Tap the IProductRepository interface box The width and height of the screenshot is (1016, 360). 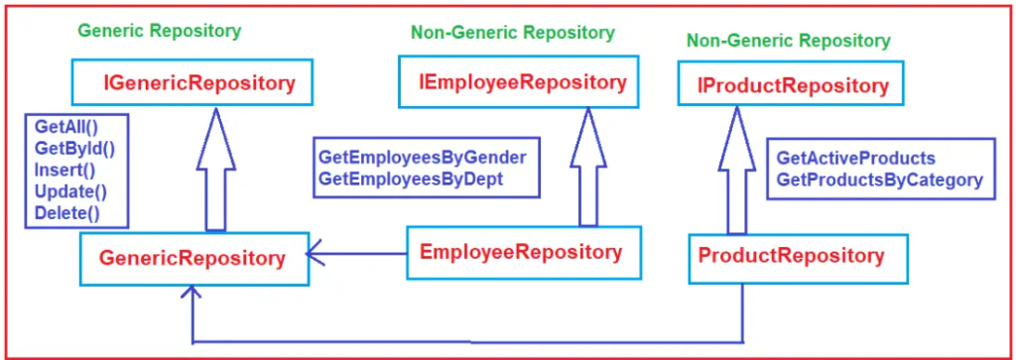pyautogui.click(x=791, y=83)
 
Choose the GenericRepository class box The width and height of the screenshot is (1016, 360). pyautogui.click(x=192, y=258)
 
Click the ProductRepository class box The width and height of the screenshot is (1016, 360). pyautogui.click(x=791, y=256)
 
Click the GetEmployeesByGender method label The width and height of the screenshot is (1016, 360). pyautogui.click(x=422, y=158)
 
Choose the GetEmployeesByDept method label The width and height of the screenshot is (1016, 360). pyautogui.click(x=411, y=179)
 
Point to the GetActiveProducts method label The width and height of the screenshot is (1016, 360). pyautogui.click(x=855, y=159)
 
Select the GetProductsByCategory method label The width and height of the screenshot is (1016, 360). pyautogui.click(x=879, y=180)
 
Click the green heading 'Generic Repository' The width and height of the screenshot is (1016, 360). pyautogui.click(x=159, y=31)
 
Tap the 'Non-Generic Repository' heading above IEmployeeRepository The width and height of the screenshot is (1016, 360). pyautogui.click(x=512, y=33)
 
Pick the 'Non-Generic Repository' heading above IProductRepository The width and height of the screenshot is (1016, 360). pyautogui.click(x=788, y=41)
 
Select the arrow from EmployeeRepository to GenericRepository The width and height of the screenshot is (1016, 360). pyautogui.click(x=357, y=254)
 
